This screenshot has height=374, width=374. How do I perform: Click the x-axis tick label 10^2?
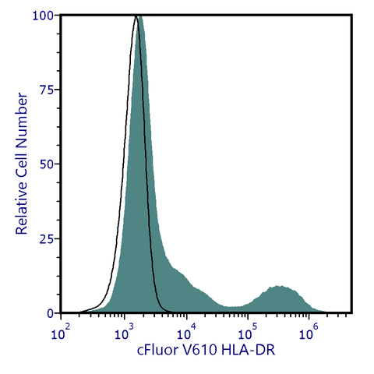[61, 333]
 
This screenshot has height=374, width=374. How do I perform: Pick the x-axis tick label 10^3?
[122, 333]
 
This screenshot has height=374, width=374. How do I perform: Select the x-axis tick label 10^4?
[185, 333]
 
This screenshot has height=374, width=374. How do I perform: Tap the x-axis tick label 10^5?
[247, 333]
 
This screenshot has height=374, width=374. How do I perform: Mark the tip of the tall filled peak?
[140, 16]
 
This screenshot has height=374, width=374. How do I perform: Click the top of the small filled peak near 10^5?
[278, 287]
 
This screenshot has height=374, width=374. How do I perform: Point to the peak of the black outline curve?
[136, 16]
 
